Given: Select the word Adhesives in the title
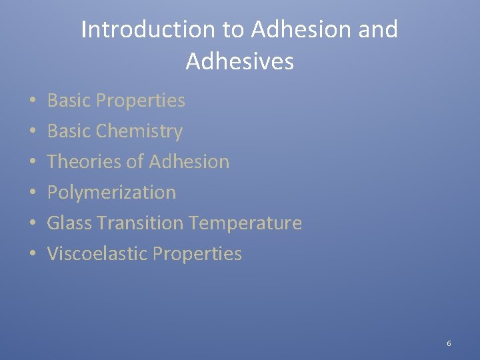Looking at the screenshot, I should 239,61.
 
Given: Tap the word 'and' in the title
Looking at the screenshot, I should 379,30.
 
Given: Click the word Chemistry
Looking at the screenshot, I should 139,131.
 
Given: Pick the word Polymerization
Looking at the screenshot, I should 111,193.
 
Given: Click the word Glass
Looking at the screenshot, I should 69,223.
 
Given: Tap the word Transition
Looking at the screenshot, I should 141,223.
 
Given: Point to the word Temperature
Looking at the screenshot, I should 246,223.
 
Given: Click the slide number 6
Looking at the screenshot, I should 449,343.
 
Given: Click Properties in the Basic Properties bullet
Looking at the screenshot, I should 140,101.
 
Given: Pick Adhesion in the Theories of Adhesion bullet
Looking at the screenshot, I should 189,161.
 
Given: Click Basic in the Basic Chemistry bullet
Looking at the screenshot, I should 69,131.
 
